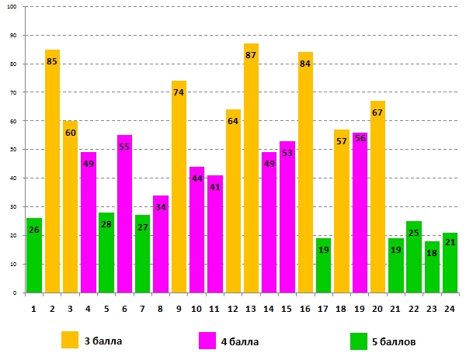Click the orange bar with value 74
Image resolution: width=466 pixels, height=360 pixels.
click(179, 194)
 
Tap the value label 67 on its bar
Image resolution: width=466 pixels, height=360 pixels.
click(377, 113)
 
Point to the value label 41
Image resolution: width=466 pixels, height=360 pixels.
click(215, 187)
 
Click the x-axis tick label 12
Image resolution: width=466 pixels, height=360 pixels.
click(233, 308)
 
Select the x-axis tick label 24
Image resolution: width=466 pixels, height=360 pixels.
click(450, 308)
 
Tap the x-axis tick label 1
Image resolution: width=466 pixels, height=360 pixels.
click(34, 308)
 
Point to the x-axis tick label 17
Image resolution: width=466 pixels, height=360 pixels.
click(323, 308)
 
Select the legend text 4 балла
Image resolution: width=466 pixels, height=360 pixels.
click(239, 341)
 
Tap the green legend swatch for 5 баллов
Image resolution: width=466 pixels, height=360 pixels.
click(358, 340)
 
